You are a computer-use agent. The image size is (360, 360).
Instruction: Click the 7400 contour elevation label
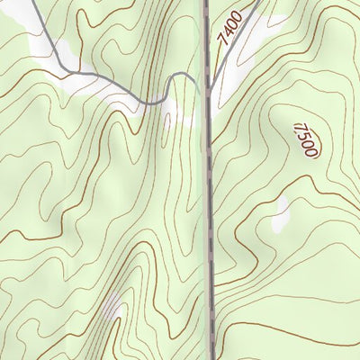coord(229,27)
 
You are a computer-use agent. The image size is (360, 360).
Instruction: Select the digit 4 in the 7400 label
coord(227,31)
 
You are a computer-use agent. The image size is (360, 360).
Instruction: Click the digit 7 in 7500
coord(298,129)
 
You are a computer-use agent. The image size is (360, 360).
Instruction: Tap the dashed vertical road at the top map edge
coord(206,3)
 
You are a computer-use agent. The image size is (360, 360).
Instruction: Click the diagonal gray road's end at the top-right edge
coord(260,2)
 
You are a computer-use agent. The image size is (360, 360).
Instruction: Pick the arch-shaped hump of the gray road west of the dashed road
coord(183,80)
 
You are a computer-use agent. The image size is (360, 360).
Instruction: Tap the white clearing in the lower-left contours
coord(112,310)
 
